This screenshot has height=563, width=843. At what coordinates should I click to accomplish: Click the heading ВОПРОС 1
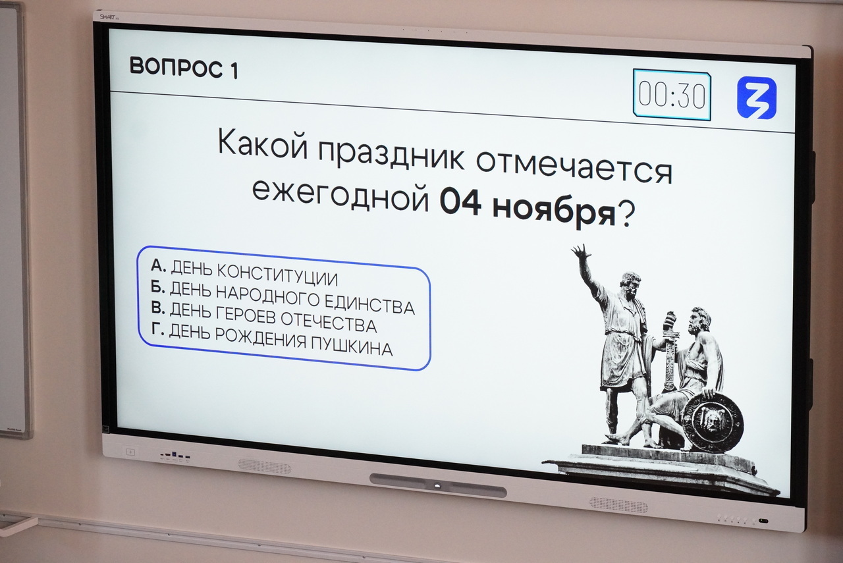click(x=184, y=68)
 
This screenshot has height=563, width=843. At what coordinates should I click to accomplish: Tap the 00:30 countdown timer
click(x=672, y=95)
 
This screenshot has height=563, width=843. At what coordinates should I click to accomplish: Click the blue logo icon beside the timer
click(x=757, y=98)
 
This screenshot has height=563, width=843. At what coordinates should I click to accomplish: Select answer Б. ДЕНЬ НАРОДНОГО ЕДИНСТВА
click(x=283, y=298)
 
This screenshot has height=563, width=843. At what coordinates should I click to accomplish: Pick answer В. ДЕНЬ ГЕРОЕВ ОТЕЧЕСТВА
click(x=263, y=317)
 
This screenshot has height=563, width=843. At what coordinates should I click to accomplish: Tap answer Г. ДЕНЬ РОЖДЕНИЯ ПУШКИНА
click(x=272, y=338)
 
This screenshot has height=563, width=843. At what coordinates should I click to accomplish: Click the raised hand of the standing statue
click(x=580, y=252)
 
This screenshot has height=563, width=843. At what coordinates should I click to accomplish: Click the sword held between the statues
click(x=670, y=350)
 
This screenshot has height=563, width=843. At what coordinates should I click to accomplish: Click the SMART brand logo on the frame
click(x=109, y=16)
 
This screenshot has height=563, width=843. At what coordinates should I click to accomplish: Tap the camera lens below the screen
click(x=437, y=486)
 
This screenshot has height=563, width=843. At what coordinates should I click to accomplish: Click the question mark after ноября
click(x=626, y=215)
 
